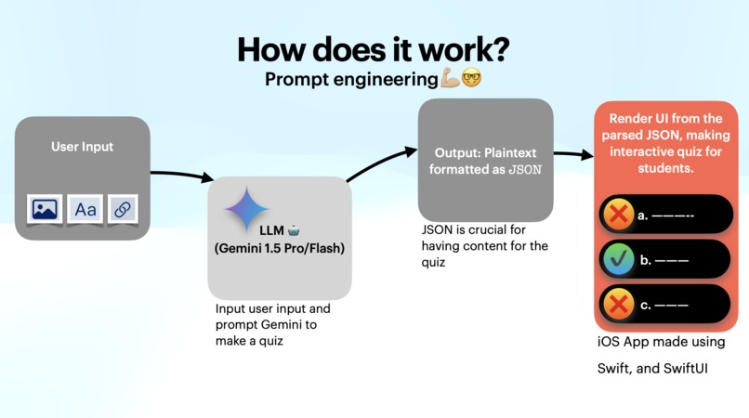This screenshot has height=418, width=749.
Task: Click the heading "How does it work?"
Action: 374,48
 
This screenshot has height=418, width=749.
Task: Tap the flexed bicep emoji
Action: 450,80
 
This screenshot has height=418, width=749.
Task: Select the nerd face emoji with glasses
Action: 472,80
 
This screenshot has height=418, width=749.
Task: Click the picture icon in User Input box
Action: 45,209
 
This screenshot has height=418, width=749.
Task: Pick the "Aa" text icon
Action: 85,209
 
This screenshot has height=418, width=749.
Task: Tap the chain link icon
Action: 122,209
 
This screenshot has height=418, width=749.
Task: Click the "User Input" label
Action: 82,147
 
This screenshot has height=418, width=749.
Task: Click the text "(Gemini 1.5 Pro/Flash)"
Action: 280,248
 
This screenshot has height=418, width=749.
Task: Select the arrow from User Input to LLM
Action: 181,175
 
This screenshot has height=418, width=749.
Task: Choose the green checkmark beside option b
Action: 617,260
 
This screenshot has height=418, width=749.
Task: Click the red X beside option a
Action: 617,216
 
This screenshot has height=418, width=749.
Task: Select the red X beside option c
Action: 617,304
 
